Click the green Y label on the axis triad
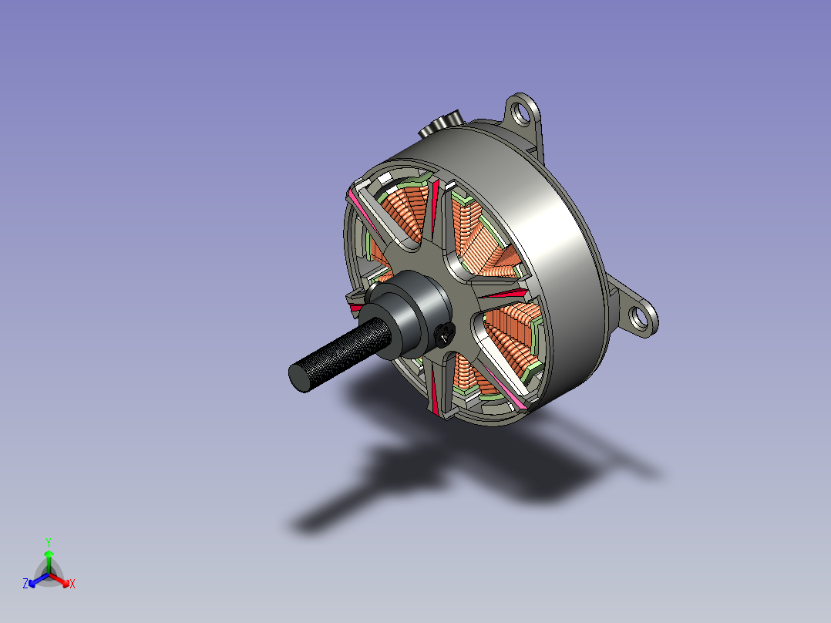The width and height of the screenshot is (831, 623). click(x=49, y=542)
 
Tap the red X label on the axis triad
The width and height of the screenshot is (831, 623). click(x=72, y=584)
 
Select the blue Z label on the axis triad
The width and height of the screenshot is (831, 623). click(x=25, y=584)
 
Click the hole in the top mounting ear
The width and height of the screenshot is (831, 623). click(x=522, y=113)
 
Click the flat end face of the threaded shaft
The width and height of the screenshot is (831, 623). click(x=299, y=377)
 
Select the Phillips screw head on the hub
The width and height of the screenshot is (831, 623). click(x=445, y=334)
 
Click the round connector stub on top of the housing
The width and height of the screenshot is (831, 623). click(x=442, y=124)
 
